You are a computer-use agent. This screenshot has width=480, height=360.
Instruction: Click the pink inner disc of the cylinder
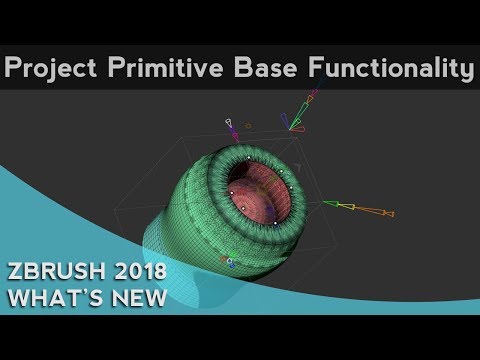tap(255, 195)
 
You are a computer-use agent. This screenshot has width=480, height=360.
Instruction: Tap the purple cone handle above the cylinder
tap(233, 131)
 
